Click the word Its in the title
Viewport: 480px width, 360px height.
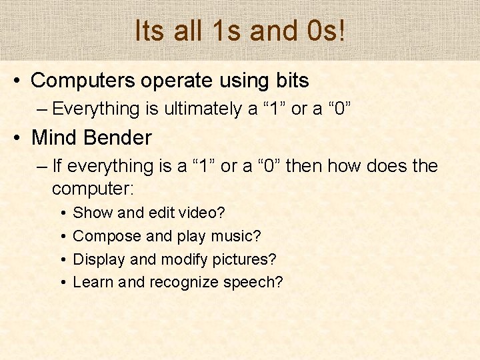(148, 31)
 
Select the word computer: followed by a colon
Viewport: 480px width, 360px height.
(93, 189)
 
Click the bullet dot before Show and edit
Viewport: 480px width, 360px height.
(61, 213)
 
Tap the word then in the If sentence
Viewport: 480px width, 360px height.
(304, 166)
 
